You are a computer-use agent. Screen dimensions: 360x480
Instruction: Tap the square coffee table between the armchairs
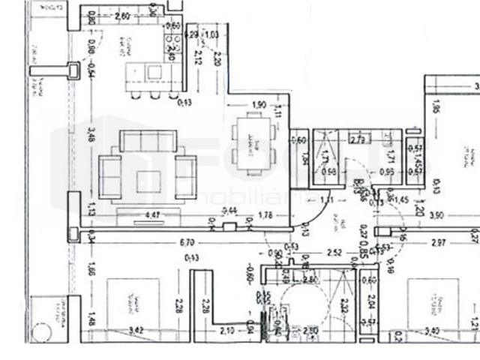(148, 179)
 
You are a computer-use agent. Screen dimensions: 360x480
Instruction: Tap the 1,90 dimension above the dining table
(259, 104)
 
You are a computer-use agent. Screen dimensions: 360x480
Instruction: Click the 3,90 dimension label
(435, 215)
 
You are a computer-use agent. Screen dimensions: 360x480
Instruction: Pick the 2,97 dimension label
(439, 242)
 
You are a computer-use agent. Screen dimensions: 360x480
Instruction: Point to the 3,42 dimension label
(136, 330)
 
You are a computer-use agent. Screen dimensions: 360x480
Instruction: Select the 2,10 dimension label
(226, 330)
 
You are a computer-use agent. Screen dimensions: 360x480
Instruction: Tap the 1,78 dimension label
(265, 216)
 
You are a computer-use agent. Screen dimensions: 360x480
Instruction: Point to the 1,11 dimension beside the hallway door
(327, 200)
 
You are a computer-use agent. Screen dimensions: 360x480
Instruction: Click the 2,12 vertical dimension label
(198, 58)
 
